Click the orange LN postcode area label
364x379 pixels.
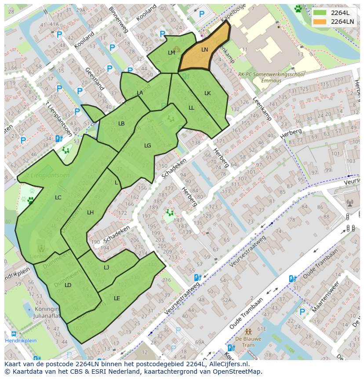tap(204, 50)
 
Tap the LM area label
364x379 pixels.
tap(171, 52)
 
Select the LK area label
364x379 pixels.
tap(207, 93)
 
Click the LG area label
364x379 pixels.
tap(148, 146)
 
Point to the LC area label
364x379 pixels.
tap(58, 198)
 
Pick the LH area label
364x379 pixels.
tap(90, 213)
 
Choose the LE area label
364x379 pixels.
tap(117, 298)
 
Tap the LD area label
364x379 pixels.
tap(68, 285)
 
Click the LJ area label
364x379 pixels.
tap(106, 268)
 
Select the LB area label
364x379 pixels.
tap(121, 124)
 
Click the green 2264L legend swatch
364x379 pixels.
tap(320, 13)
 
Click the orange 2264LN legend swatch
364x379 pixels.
tap(320, 22)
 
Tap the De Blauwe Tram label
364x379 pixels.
tap(248, 342)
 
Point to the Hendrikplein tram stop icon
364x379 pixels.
tap(14, 334)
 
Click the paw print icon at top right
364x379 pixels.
tap(298, 8)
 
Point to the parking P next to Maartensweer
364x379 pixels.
tap(302, 312)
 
